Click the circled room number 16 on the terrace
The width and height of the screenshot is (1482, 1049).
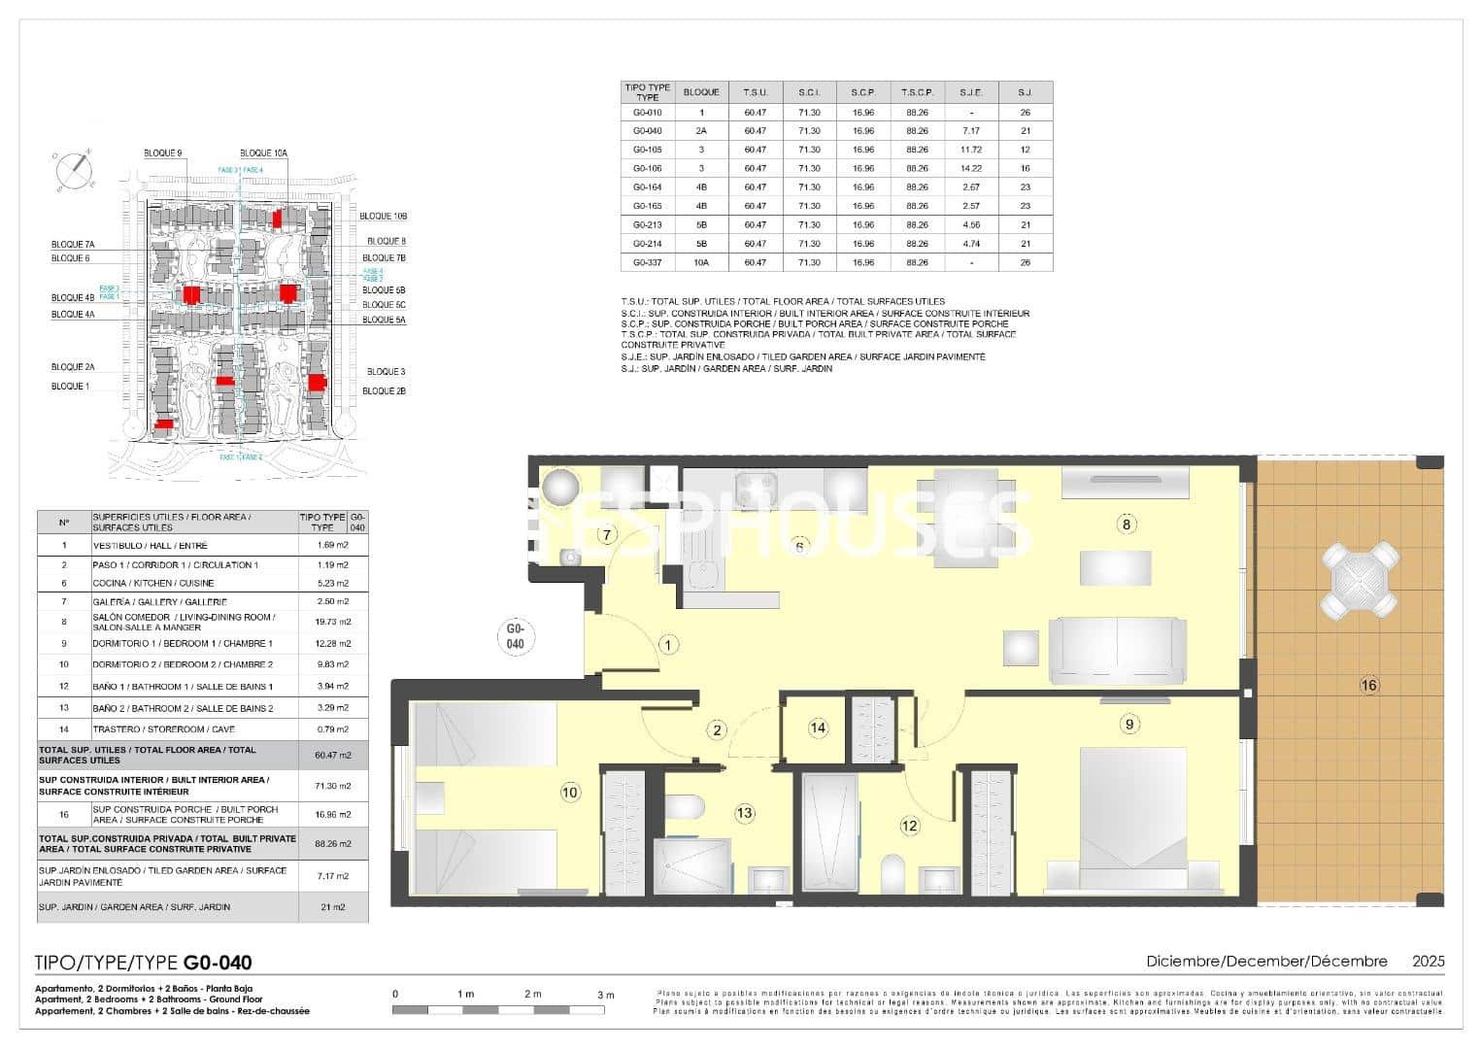point(1368,686)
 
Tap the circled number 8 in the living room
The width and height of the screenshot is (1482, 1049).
point(1127,524)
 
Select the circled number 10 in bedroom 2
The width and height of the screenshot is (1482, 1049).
point(570,793)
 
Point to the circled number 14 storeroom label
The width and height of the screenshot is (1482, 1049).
point(818,728)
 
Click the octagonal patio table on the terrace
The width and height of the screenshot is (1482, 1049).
point(1360,580)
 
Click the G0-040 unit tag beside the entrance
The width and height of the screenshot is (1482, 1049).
point(516,637)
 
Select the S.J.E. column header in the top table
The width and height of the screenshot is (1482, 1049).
point(970,92)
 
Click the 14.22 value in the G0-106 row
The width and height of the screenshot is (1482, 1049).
point(970,168)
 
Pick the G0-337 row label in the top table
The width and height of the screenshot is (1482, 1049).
point(647,262)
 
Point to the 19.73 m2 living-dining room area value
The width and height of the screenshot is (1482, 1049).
point(333,622)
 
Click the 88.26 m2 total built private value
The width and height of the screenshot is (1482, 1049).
point(333,844)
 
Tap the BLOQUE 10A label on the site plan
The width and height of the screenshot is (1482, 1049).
point(263,153)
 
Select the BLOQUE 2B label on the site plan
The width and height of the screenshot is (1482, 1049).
point(384,391)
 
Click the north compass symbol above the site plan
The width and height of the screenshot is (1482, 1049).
point(74,170)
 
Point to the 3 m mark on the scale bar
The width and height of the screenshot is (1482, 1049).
point(606,995)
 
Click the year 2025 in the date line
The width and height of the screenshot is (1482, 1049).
point(1428,962)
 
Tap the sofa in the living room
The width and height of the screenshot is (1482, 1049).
point(1117,648)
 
